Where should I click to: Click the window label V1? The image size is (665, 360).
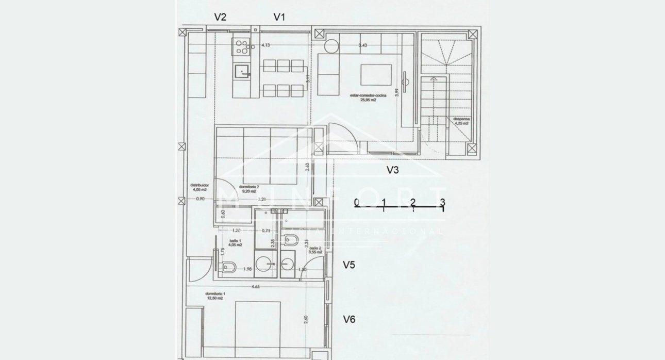279,17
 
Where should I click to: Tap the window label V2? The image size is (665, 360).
220,17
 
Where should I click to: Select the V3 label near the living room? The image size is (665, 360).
396,169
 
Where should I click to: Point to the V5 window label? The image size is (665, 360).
350,265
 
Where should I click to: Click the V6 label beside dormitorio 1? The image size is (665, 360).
350,320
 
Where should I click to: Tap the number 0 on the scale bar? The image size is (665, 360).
357,202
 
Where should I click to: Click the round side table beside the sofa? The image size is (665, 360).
330,46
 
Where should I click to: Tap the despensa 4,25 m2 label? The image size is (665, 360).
461,122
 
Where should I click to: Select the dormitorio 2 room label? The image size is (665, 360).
249,189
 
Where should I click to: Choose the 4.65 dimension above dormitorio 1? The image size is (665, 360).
256,287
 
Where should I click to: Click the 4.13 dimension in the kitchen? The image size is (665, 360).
266,45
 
